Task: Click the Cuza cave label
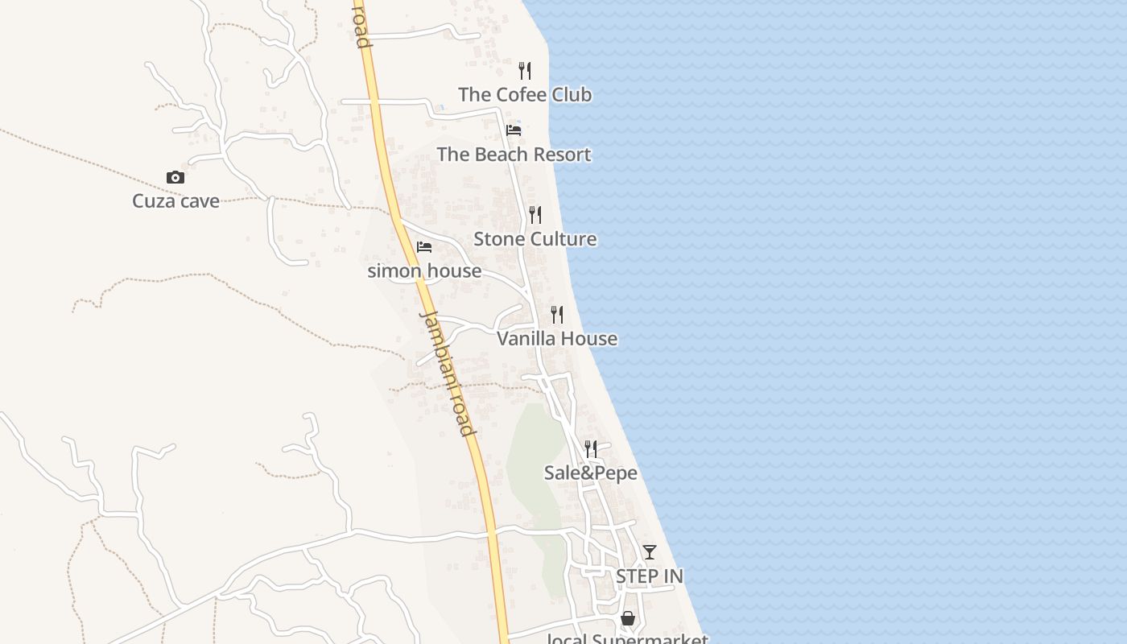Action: [x=175, y=201]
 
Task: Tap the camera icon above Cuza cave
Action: [x=175, y=178]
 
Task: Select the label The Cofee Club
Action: [x=525, y=95]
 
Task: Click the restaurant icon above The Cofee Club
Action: [x=525, y=71]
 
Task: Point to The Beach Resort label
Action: [x=514, y=155]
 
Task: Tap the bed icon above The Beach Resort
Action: [x=514, y=130]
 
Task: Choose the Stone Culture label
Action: [x=535, y=239]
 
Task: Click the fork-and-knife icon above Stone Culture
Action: [x=535, y=215]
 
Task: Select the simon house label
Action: [x=424, y=271]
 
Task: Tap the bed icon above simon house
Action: [x=424, y=247]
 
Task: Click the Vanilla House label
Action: [x=557, y=339]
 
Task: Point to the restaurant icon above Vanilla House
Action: [x=557, y=315]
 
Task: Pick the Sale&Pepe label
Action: [x=591, y=473]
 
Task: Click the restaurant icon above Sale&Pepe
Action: [x=591, y=449]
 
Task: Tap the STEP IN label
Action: [x=650, y=576]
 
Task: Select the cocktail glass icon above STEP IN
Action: [x=650, y=552]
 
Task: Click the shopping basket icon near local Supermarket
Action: [x=628, y=618]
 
